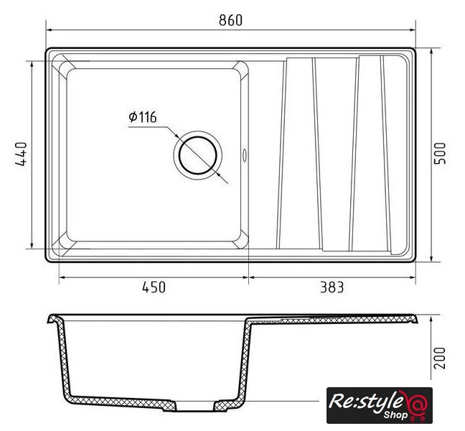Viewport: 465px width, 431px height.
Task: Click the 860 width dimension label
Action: pos(231,20)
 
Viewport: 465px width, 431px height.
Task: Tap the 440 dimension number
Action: pos(21,154)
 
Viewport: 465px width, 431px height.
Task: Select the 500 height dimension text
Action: pos(439,153)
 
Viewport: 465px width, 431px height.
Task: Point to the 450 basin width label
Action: pos(154,287)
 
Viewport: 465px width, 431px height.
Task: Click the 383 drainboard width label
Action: pos(332,287)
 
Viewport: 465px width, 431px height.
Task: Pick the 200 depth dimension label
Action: pos(439,358)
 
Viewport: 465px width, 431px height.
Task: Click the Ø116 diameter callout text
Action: pos(143,117)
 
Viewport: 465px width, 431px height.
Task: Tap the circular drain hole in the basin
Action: pos(198,155)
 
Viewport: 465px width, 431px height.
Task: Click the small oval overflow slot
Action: pos(245,155)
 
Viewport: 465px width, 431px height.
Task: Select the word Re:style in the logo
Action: pos(366,402)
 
